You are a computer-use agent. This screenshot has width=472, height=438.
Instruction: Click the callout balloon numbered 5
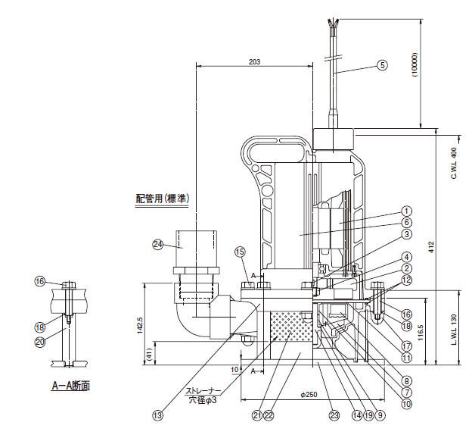click(x=382, y=65)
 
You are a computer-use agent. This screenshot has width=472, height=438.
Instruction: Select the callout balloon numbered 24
click(x=158, y=244)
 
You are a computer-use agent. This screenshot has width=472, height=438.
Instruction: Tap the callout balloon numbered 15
click(x=240, y=252)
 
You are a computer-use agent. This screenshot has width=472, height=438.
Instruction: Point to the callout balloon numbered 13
click(x=157, y=415)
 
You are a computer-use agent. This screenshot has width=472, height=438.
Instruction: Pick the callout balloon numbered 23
click(x=334, y=415)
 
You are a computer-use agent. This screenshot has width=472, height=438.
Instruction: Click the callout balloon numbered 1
click(x=406, y=211)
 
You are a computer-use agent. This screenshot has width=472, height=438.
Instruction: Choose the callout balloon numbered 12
click(x=406, y=280)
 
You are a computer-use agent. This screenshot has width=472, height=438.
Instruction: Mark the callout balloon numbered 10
click(x=406, y=404)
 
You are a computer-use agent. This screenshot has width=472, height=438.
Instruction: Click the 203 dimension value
click(x=254, y=62)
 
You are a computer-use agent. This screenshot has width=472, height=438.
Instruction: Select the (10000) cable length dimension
click(x=415, y=65)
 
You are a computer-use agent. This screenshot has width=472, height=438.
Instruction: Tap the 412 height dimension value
click(x=431, y=247)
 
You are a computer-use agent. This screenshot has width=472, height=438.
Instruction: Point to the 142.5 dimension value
click(x=140, y=325)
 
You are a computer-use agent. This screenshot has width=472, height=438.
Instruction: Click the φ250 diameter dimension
click(x=309, y=395)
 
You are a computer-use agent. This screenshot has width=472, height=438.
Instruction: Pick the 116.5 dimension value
click(x=421, y=333)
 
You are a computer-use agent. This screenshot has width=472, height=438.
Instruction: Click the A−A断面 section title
click(x=71, y=386)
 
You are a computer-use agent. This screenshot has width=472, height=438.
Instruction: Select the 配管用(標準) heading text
click(x=162, y=199)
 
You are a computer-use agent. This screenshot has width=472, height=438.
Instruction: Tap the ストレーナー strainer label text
click(x=203, y=391)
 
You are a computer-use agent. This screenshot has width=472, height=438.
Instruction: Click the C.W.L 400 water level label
click(x=455, y=163)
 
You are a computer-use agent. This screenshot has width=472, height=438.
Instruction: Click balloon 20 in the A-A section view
click(x=40, y=342)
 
